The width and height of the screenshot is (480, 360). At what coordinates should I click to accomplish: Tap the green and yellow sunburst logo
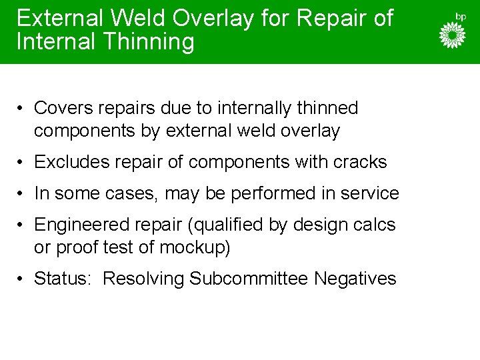[452, 35]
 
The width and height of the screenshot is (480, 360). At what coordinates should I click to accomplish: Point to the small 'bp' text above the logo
[460, 15]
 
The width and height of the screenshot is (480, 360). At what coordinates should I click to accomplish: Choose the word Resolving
[143, 279]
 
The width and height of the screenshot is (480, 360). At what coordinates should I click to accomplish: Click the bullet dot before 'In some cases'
[22, 194]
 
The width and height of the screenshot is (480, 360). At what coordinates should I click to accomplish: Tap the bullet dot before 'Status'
[22, 279]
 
